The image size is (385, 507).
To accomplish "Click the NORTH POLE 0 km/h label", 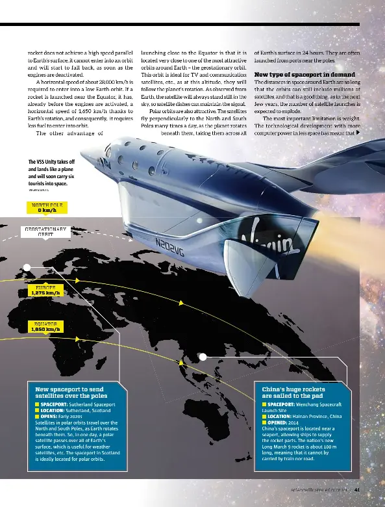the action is coord(45,207).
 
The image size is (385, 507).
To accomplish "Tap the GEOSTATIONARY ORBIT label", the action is coord(45,232).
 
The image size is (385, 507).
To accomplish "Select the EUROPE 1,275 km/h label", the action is coord(45,289).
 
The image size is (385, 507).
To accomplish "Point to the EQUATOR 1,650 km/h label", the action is coord(45,326).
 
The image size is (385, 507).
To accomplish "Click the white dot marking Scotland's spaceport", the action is coord(27,267).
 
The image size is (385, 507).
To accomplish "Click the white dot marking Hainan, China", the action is coord(203,356).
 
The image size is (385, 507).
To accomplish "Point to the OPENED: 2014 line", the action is coord(283,422).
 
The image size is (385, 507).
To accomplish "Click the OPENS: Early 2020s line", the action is coord(64,416).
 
